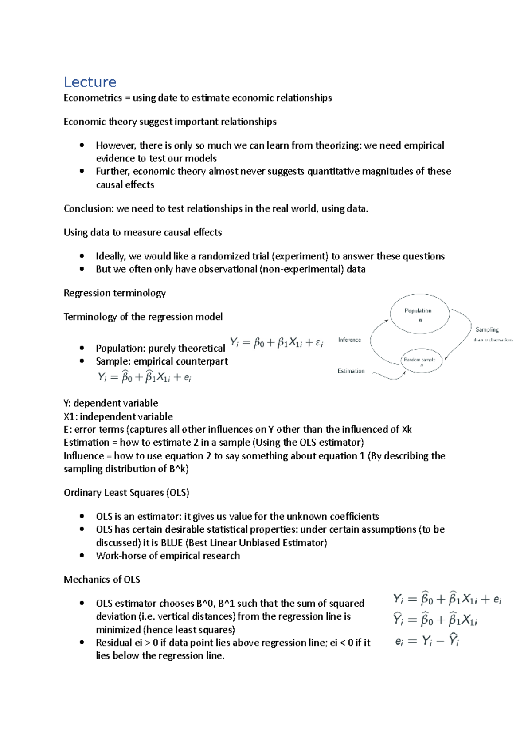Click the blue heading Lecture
click(x=90, y=82)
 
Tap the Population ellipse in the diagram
click(x=419, y=314)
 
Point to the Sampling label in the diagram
click(x=487, y=329)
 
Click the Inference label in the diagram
click(x=349, y=340)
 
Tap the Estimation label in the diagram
click(x=351, y=371)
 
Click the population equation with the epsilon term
click(x=277, y=343)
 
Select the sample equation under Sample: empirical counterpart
click(x=145, y=377)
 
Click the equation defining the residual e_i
click(x=426, y=641)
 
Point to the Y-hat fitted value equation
click(x=435, y=620)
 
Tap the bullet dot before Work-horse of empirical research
click(x=82, y=556)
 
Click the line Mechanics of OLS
click(x=102, y=580)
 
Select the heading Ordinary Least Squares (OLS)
click(x=126, y=493)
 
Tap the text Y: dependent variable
click(x=111, y=403)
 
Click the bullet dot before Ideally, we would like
click(x=82, y=256)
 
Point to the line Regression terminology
click(x=114, y=293)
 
